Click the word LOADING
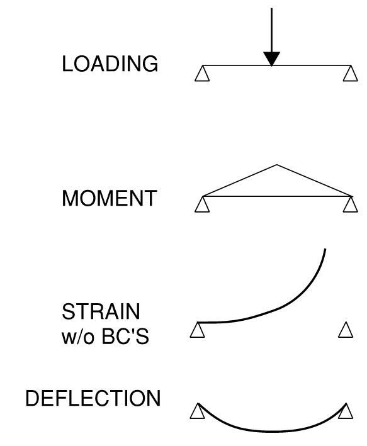click(110, 64)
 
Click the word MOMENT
click(109, 199)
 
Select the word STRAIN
click(101, 312)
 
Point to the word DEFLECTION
click(93, 399)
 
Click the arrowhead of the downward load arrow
click(271, 59)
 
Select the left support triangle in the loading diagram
click(201, 74)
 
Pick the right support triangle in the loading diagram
click(349, 74)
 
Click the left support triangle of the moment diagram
click(201, 206)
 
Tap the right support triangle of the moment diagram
click(350, 206)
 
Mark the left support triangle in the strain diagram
click(197, 330)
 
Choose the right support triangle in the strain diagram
click(346, 330)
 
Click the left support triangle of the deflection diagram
click(198, 411)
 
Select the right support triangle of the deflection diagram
click(345, 411)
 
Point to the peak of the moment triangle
click(277, 165)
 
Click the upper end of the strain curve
click(325, 250)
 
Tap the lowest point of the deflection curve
click(272, 432)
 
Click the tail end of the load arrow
click(271, 9)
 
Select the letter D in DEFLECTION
click(32, 399)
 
